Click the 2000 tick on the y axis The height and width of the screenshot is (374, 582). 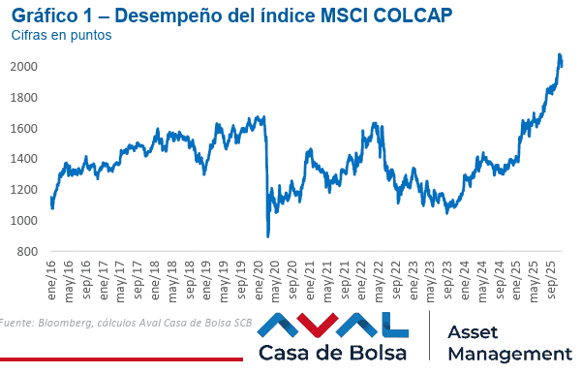click(x=24, y=66)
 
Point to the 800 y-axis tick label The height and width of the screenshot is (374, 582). click(x=27, y=252)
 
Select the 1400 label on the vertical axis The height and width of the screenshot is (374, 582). click(x=24, y=159)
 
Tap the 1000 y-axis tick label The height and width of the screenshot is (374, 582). click(x=24, y=221)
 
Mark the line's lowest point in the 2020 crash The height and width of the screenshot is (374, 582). click(x=267, y=236)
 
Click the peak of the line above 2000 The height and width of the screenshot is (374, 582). click(x=560, y=54)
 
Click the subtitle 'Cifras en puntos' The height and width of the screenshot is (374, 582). click(x=61, y=35)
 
